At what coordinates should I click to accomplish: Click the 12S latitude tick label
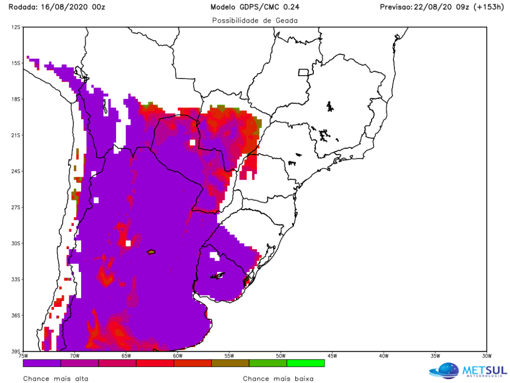pyautogui.click(x=16, y=27)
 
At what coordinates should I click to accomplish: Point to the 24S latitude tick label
pyautogui.click(x=16, y=171)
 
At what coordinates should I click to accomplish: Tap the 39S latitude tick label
pyautogui.click(x=16, y=351)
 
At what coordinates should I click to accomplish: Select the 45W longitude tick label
pyautogui.click(x=332, y=356)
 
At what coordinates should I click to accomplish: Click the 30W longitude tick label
pyautogui.click(x=487, y=356)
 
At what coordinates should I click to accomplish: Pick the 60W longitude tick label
pyautogui.click(x=178, y=356)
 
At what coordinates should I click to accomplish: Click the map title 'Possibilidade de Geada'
pyautogui.click(x=255, y=20)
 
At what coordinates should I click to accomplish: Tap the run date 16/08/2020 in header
pyautogui.click(x=64, y=7)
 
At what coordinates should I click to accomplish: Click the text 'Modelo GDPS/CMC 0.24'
pyautogui.click(x=255, y=7)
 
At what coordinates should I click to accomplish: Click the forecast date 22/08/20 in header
pyautogui.click(x=433, y=7)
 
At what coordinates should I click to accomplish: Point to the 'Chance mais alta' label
pyautogui.click(x=56, y=379)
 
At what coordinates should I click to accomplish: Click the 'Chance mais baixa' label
pyautogui.click(x=278, y=379)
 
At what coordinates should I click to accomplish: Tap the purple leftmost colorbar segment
pyautogui.click(x=42, y=363)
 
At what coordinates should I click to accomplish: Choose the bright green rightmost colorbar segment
pyautogui.click(x=306, y=363)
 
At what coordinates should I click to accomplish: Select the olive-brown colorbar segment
pyautogui.click(x=230, y=363)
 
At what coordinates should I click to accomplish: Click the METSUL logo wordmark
pyautogui.click(x=485, y=371)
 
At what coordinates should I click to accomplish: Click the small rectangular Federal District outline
pyautogui.click(x=303, y=73)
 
